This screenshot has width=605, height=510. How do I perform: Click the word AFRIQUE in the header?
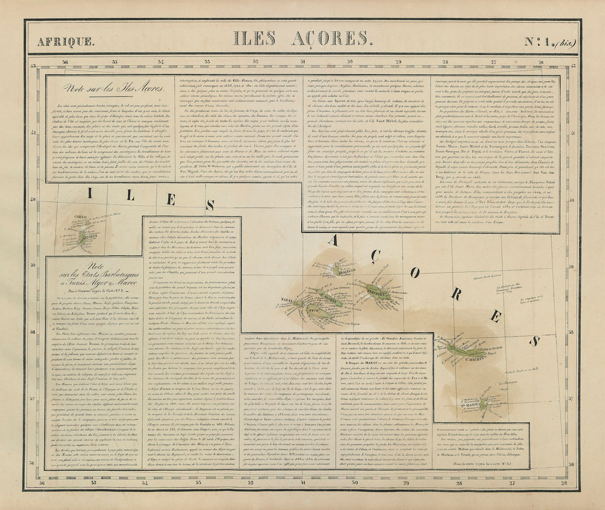pos(65,42)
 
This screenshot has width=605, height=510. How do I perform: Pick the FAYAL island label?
pos(287,300)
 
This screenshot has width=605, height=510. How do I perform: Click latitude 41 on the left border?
pos(34,132)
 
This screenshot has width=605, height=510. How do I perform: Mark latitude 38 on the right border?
pos(569,336)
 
